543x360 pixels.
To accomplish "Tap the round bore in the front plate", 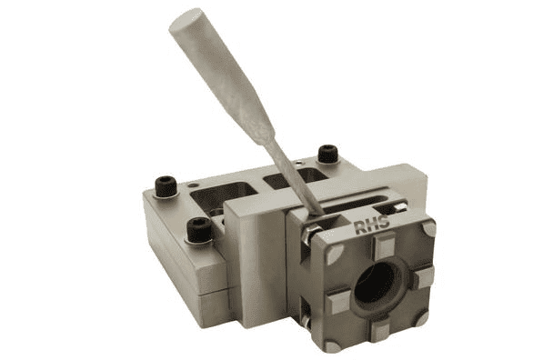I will [x=373, y=285].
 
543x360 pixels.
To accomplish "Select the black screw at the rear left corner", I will [x=166, y=186].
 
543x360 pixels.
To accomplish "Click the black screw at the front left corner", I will [x=198, y=231].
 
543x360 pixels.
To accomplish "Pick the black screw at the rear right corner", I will [x=327, y=154].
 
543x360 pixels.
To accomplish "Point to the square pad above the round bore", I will [x=384, y=244].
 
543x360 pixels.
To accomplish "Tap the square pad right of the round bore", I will [x=420, y=275].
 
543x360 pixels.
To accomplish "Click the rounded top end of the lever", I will [x=186, y=22].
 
